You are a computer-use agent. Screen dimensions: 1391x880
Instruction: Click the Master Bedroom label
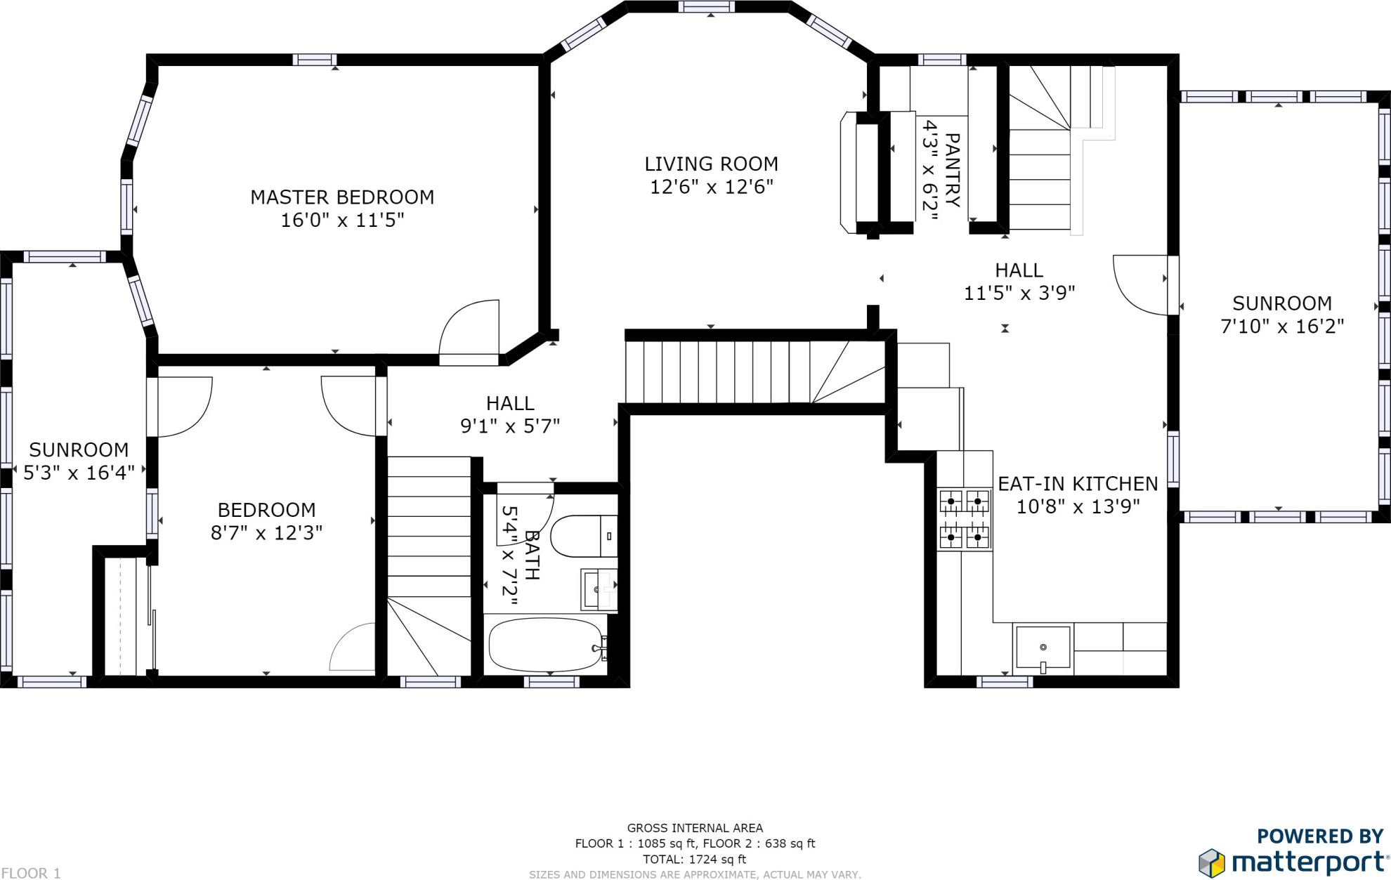[342, 197]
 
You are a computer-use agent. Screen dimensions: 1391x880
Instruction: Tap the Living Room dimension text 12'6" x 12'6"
[712, 187]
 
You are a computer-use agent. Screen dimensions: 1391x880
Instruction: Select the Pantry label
[953, 171]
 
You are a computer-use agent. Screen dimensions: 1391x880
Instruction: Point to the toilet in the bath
[584, 536]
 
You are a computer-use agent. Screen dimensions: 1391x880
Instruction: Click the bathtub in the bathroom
[546, 645]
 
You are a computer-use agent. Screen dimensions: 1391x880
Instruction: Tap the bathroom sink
[599, 589]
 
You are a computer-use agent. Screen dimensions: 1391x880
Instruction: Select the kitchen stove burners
[965, 519]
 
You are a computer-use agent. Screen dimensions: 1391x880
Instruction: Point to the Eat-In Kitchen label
[1078, 484]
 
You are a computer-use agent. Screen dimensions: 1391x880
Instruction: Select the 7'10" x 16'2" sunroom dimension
[1282, 326]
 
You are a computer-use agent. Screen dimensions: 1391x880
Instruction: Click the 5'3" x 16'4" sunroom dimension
[79, 473]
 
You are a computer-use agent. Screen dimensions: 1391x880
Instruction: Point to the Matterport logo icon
[1212, 862]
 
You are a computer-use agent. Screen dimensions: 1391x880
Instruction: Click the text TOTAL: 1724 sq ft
[694, 859]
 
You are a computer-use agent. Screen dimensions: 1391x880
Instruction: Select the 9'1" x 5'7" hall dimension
[510, 426]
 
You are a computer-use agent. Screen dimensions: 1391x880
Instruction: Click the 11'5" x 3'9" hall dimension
[1019, 293]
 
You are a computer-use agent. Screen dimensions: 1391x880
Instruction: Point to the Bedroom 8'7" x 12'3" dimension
[266, 532]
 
